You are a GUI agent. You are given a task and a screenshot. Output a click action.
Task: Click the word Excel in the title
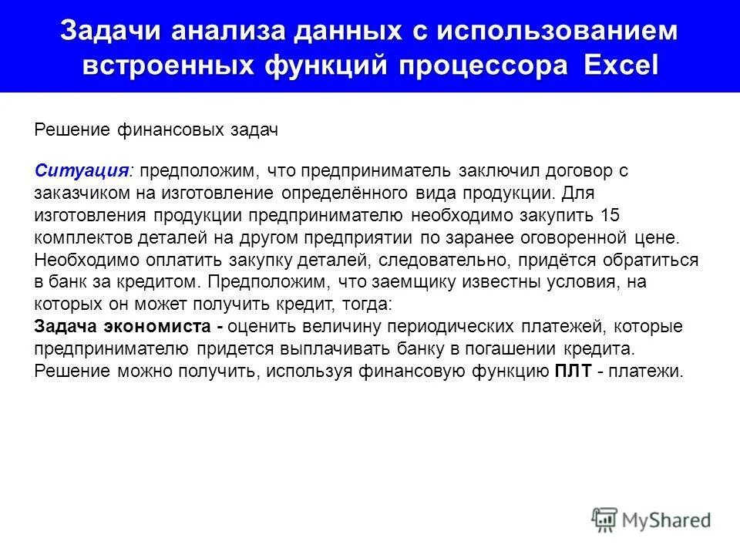click(x=621, y=64)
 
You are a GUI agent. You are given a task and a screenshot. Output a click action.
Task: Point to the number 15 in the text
click(x=607, y=214)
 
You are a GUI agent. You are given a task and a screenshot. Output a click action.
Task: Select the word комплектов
click(x=77, y=237)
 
